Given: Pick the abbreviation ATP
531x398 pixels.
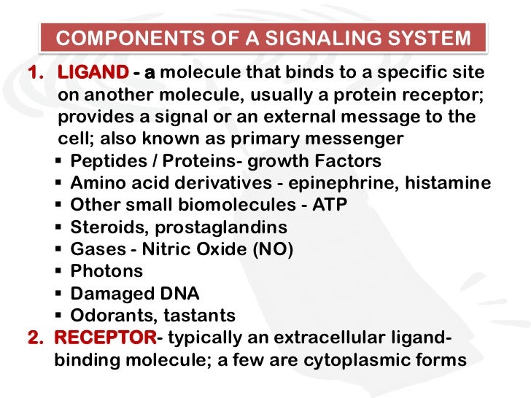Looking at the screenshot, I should click(330, 206).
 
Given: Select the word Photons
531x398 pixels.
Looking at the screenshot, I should click(106, 271).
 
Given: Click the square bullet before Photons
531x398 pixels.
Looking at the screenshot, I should click(59, 272).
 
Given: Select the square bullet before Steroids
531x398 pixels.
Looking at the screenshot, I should click(59, 227).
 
